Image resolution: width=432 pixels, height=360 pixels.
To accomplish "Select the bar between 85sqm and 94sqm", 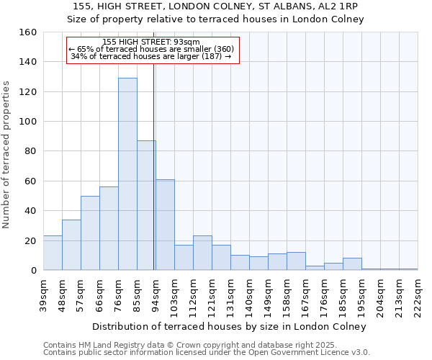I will click(x=146, y=205).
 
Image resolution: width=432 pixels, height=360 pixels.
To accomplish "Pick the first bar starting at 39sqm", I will click(x=53, y=253).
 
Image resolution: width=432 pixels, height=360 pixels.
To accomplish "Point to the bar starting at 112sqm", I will click(x=202, y=253).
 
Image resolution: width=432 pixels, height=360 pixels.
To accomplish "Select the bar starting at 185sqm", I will click(x=352, y=264).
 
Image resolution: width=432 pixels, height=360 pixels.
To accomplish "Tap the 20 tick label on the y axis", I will click(x=30, y=240).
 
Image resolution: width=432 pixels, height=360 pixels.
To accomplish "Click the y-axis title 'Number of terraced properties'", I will click(x=6, y=151).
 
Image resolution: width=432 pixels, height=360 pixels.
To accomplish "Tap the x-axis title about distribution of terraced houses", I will click(x=230, y=326).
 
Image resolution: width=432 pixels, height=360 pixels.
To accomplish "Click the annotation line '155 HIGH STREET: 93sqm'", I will click(x=151, y=42).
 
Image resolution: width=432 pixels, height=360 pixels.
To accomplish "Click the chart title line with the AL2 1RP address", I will click(x=215, y=6).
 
